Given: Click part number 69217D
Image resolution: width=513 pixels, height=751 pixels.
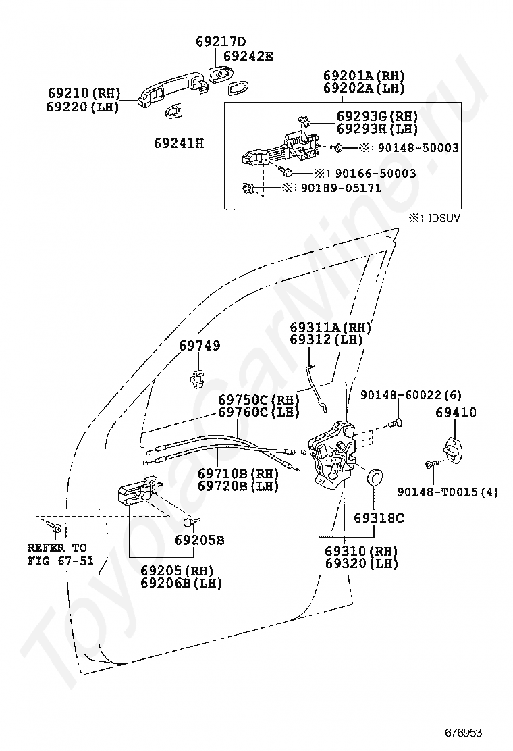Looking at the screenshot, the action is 221,42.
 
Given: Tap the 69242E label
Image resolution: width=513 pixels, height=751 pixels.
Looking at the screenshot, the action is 248,56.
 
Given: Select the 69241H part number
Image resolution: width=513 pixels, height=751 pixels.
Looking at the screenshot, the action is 179,143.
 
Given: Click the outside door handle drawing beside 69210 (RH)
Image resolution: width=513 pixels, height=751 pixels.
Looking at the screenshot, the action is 172,90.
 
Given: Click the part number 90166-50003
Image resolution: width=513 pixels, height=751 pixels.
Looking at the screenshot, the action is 376,173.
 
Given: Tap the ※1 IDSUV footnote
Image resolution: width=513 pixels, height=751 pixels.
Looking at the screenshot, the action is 435,218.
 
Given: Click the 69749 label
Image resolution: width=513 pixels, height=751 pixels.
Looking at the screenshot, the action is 200,345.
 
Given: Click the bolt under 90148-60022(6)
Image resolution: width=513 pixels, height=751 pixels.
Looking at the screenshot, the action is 396,423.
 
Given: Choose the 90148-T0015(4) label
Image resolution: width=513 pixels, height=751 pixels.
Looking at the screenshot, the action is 448,492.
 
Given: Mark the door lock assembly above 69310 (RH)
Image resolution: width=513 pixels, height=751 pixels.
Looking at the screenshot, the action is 333,455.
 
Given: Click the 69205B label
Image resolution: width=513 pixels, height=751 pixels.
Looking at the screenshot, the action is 199,540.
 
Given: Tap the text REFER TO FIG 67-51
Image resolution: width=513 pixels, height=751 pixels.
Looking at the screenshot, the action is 60,554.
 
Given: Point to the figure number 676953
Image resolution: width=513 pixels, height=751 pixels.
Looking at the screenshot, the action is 463,733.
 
